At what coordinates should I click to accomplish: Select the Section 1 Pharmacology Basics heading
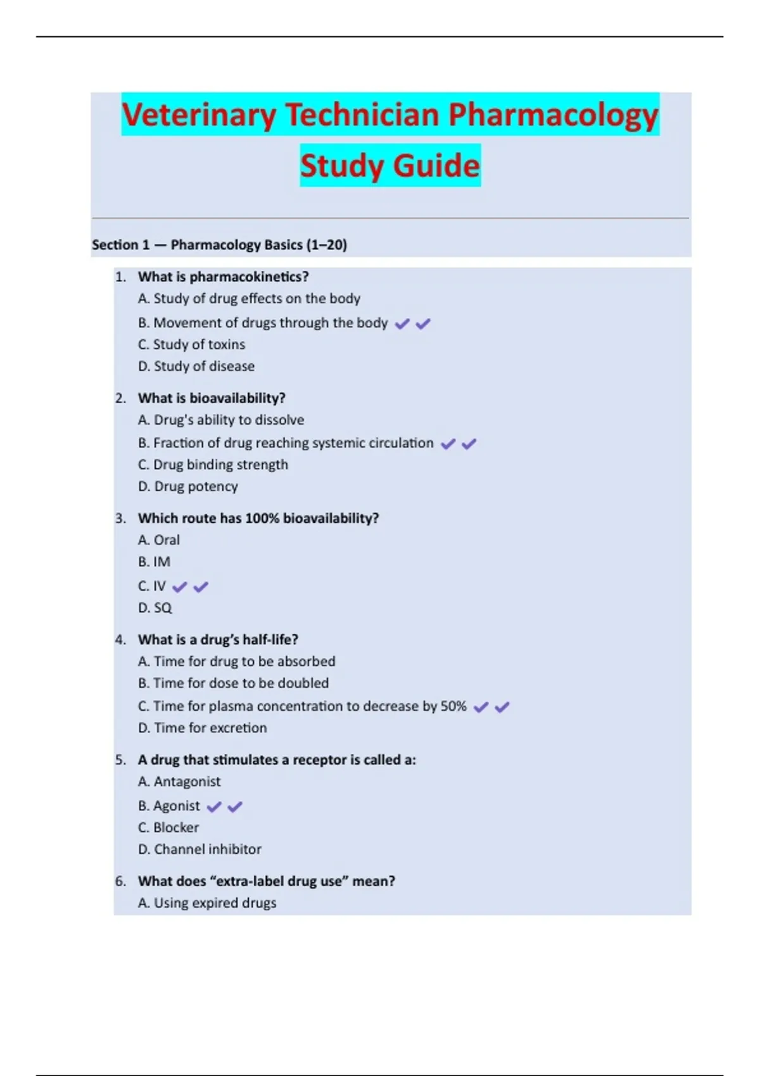tap(219, 245)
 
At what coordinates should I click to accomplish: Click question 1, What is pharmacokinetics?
tap(223, 277)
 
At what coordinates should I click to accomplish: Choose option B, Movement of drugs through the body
tap(263, 323)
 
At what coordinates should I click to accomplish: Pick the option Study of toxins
tap(191, 344)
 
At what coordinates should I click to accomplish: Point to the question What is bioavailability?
tap(212, 398)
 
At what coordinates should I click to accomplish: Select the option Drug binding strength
tap(213, 465)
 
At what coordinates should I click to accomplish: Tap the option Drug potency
tap(188, 486)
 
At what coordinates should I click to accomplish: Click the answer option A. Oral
tap(159, 540)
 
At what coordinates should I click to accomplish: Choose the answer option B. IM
tap(154, 561)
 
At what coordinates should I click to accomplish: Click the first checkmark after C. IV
tap(180, 587)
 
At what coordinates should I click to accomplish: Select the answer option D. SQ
tap(155, 608)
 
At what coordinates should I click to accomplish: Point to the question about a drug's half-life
tap(218, 639)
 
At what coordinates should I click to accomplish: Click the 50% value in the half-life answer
tap(453, 706)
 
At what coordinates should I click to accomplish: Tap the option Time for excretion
tap(203, 728)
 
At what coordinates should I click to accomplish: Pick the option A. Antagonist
tap(179, 782)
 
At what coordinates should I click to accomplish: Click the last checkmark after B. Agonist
tap(235, 806)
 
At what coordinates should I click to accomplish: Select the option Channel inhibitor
tap(199, 849)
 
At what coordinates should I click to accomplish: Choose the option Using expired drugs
tap(207, 903)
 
